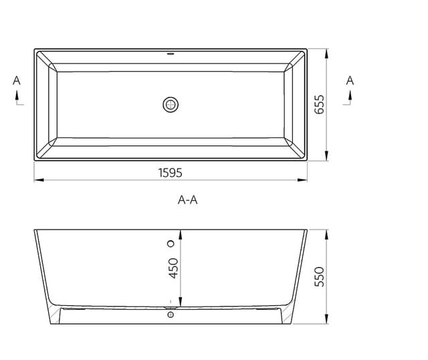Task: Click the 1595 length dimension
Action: [x=171, y=173]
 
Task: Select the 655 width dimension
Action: [x=319, y=104]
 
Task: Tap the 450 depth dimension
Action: [x=173, y=268]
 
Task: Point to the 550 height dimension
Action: [x=319, y=277]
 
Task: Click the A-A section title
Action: [x=187, y=200]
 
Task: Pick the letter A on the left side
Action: [x=17, y=80]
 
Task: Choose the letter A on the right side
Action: [x=350, y=80]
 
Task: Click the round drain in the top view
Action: [x=171, y=104]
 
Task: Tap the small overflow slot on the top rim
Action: [x=171, y=54]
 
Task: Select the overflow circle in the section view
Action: [x=171, y=244]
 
